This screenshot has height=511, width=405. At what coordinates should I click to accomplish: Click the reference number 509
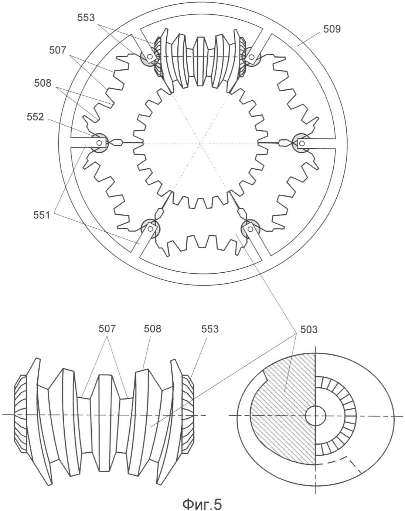(x=332, y=29)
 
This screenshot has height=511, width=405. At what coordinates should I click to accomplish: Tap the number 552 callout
(x=35, y=117)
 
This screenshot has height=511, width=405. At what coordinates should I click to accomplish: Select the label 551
(x=41, y=215)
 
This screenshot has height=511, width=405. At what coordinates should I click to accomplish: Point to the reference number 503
(x=309, y=329)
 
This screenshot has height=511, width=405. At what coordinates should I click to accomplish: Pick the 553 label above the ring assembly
(x=86, y=18)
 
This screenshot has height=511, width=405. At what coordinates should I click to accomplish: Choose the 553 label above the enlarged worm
(x=210, y=329)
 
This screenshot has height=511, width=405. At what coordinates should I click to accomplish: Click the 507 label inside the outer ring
(x=58, y=50)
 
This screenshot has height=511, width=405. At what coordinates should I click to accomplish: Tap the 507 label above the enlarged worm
(x=107, y=329)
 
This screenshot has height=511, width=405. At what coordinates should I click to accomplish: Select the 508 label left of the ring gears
(x=43, y=83)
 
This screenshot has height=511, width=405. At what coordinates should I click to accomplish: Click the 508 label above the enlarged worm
(x=153, y=329)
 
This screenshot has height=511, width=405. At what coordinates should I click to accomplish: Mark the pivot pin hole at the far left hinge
(x=99, y=142)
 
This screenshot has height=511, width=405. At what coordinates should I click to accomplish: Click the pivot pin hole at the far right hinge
(x=302, y=143)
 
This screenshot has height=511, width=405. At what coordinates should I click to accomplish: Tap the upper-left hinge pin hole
(x=150, y=56)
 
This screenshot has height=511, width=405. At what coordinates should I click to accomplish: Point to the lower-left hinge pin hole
(x=150, y=229)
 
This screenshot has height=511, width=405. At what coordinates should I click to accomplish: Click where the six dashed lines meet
(x=201, y=143)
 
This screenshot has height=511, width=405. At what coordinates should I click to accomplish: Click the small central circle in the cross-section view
(x=315, y=415)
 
